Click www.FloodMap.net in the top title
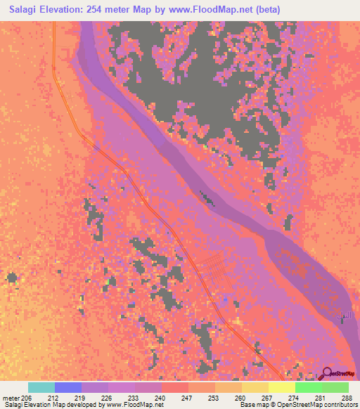[237, 10]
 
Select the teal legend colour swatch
[41, 387]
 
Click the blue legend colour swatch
[68, 387]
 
